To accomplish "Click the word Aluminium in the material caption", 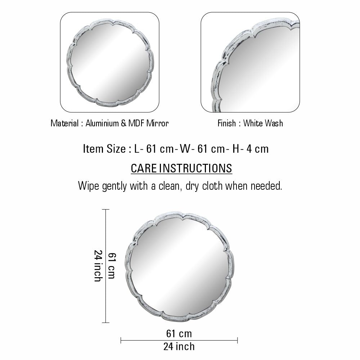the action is (x=102, y=123).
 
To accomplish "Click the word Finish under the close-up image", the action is (x=226, y=123).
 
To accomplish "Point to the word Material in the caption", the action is (x=64, y=123).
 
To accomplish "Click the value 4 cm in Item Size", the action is (x=257, y=149).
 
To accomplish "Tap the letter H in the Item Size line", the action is (x=236, y=149).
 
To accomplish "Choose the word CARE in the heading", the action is (x=144, y=168).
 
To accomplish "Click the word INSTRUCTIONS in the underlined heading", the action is (x=195, y=168).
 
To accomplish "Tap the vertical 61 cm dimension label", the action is (x=112, y=266).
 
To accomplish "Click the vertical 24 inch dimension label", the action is (x=98, y=266).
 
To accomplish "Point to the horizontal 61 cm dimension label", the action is (x=179, y=334).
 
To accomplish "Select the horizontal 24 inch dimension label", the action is (x=179, y=347).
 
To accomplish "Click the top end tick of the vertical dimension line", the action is (x=105, y=210).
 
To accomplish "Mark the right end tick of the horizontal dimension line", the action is (x=237, y=341).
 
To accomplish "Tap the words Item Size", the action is (x=104, y=149).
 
